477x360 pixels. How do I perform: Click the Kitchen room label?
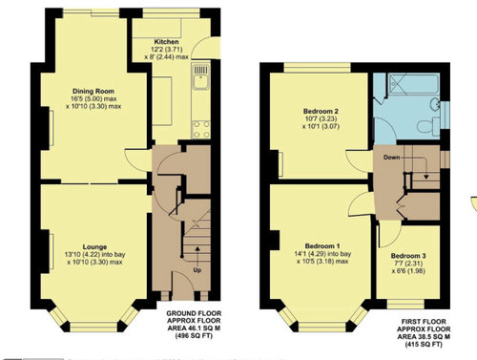166,42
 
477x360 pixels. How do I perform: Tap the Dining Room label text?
93,91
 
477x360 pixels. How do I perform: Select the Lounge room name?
94,247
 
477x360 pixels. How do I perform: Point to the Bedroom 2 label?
321,112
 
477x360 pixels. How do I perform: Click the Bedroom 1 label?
322,246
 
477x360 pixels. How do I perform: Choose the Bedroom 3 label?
408,256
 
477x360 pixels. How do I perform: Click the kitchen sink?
200,76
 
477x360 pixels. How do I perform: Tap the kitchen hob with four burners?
201,129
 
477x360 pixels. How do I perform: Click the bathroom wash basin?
435,104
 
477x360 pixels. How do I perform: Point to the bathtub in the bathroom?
413,84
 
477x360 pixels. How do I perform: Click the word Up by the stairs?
197,270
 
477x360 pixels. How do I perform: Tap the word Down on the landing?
391,158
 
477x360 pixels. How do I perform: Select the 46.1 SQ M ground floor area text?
194,328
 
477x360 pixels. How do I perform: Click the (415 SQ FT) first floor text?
424,344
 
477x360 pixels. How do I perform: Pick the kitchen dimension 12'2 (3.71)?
166,50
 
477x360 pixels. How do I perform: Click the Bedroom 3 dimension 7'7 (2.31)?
408,264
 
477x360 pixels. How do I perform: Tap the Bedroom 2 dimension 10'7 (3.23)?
321,118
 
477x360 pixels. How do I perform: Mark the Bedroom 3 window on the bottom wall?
405,304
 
